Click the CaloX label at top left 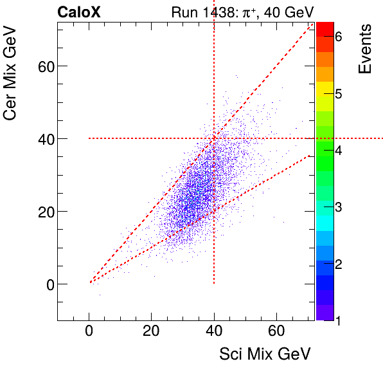78,12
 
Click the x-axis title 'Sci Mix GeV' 265,353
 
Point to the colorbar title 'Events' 365,49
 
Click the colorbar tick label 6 338,37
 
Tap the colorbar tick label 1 338,319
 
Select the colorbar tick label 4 338,150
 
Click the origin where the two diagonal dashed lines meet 90,282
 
